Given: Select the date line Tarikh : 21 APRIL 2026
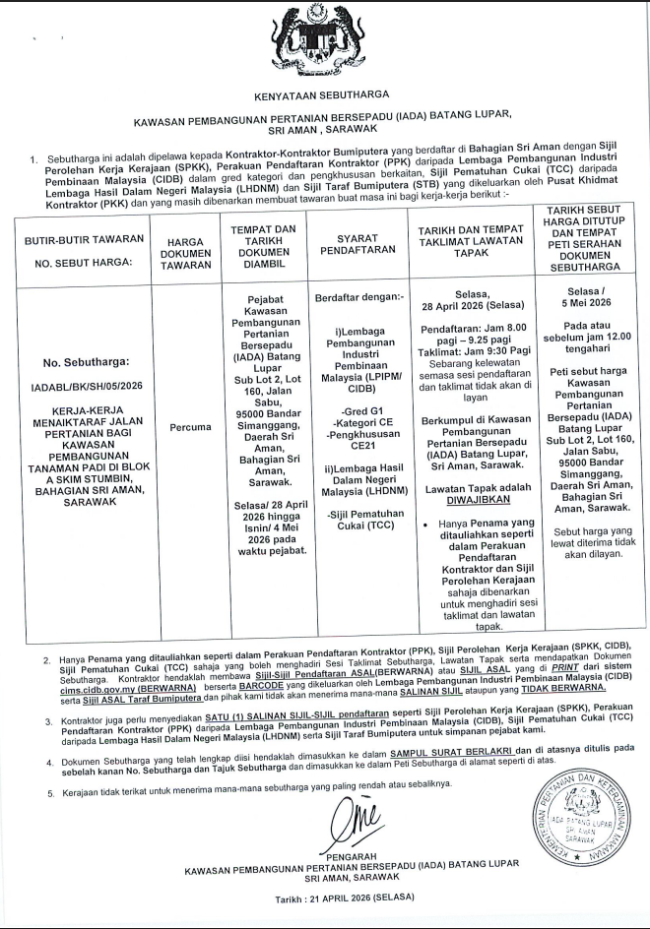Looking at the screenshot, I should [x=345, y=898].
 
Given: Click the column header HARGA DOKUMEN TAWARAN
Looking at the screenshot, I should [x=185, y=250].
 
